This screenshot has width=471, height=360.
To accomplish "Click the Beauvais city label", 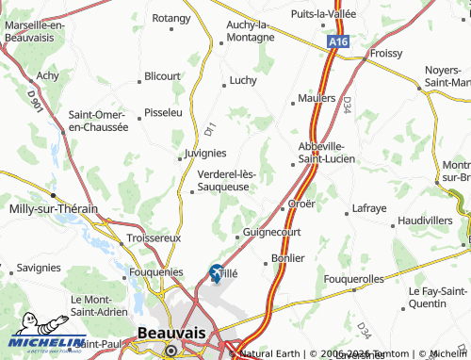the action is pyautogui.click(x=171, y=334).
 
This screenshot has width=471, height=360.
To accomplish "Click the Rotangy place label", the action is pyautogui.click(x=171, y=17).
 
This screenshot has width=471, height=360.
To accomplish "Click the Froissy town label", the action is pyautogui.click(x=385, y=54).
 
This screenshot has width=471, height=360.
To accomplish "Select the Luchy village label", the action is pyautogui.click(x=242, y=81).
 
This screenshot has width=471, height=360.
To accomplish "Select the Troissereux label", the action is pyautogui.click(x=154, y=238).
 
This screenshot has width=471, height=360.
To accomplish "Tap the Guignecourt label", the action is pyautogui.click(x=271, y=231).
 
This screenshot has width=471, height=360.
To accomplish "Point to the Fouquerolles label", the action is pyautogui.click(x=353, y=279).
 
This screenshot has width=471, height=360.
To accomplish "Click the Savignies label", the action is pyautogui.click(x=38, y=268).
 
